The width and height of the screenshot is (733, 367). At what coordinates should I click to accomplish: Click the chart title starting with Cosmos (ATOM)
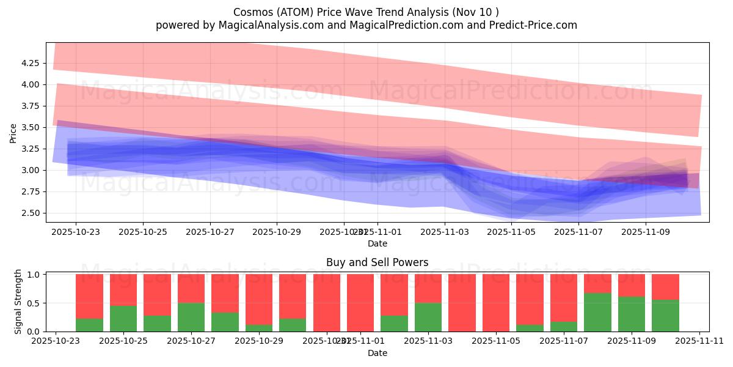pos(366,12)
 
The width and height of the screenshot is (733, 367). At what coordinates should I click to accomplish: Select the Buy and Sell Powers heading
pos(377,262)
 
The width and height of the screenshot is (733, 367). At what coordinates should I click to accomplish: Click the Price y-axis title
pos(13,132)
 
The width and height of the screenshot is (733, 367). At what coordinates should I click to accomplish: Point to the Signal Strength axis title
pos(18,302)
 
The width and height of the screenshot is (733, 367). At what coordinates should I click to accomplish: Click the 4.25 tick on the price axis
pos(30,63)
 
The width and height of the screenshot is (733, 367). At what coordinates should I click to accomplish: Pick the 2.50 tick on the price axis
pos(30,213)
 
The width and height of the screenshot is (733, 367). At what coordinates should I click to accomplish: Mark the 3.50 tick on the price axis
pos(30,127)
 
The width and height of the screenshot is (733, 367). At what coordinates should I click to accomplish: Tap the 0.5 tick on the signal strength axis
pos(34,303)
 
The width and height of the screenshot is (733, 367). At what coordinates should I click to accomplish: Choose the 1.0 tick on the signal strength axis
pos(34,275)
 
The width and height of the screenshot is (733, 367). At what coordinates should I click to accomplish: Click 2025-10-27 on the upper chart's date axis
pos(210,232)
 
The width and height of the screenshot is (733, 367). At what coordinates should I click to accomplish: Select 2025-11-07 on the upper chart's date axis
pos(578,232)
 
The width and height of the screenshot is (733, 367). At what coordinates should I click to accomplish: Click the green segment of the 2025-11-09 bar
pos(632,314)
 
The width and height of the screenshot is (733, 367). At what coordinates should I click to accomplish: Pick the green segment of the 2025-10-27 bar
pos(191,317)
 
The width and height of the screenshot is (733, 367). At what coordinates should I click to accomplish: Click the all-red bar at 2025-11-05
pos(495,303)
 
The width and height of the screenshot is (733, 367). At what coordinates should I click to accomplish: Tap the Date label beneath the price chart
pos(377,243)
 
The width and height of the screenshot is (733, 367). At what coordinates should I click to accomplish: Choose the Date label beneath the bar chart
pos(377,353)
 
